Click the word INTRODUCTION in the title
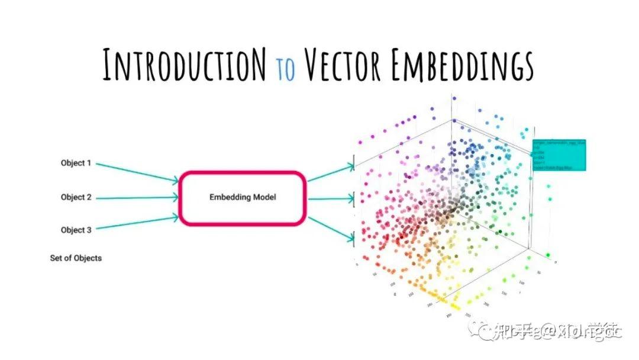point(185,65)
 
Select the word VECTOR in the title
point(343,65)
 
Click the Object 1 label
point(76,163)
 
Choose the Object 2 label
point(76,197)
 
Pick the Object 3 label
point(76,230)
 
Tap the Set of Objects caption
point(76,258)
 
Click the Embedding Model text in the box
point(243,197)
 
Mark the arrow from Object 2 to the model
point(137,198)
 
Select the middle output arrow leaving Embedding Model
point(331,198)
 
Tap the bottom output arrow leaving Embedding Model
point(331,228)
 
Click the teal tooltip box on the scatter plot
point(559,155)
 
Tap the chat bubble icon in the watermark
point(484,332)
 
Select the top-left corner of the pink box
point(182,174)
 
